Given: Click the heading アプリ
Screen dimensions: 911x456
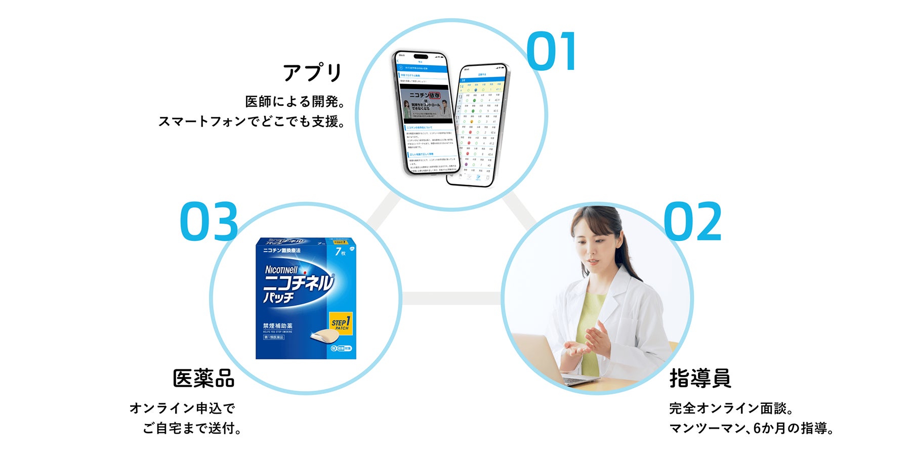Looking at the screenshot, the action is point(313,73).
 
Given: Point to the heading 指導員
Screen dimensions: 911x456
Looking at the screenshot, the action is point(700,378).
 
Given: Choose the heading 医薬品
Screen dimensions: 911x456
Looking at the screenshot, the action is point(203,378).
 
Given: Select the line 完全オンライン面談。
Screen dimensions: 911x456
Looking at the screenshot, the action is point(731,408).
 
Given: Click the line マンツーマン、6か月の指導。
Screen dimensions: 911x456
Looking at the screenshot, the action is point(751,428).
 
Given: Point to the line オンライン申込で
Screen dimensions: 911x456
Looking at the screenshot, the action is point(182,408).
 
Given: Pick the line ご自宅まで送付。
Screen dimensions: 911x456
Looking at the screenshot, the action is point(192,428).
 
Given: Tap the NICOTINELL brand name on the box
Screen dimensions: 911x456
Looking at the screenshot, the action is point(281,270).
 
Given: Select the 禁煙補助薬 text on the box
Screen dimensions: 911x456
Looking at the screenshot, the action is point(277,325).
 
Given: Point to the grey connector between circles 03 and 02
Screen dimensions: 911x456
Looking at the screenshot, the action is point(451,299).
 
